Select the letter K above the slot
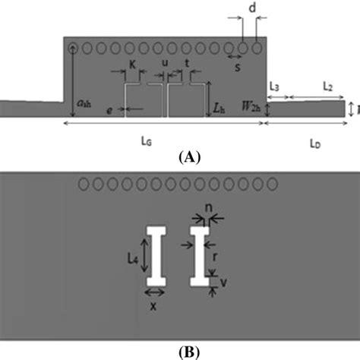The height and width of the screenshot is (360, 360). pos(132,66)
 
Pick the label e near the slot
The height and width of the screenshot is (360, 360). pos(110,111)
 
